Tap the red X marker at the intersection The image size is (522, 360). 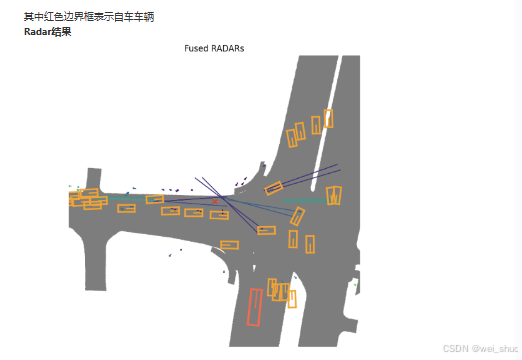(x=214, y=201)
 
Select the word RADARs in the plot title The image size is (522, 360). (x=229, y=48)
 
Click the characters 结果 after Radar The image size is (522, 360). (x=65, y=32)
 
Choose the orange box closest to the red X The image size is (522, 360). (x=218, y=213)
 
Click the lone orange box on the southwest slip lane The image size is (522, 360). (x=229, y=244)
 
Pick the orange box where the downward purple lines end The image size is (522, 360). (x=266, y=230)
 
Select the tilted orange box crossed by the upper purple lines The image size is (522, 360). (x=274, y=187)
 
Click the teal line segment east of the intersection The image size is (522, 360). (x=300, y=202)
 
